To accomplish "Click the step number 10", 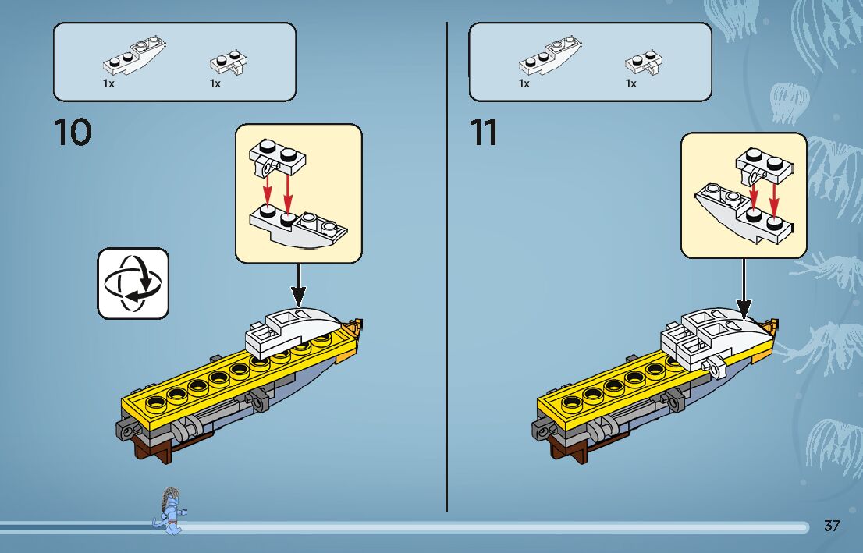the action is tap(73, 133).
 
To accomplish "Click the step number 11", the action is tap(484, 133).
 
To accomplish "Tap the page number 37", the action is tap(832, 526).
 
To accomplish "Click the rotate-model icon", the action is tap(133, 283).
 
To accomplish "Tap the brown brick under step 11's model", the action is tap(565, 448).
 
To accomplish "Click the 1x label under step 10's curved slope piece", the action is tap(108, 83).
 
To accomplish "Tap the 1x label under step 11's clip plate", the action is tap(631, 83).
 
